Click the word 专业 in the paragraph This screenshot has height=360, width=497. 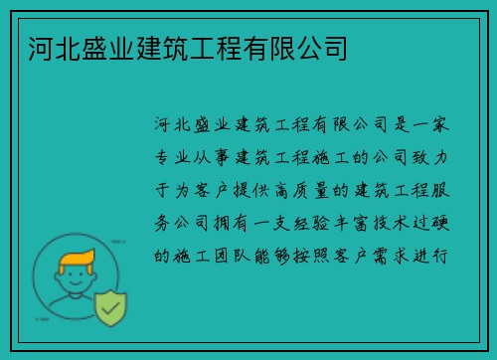coord(175,157)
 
